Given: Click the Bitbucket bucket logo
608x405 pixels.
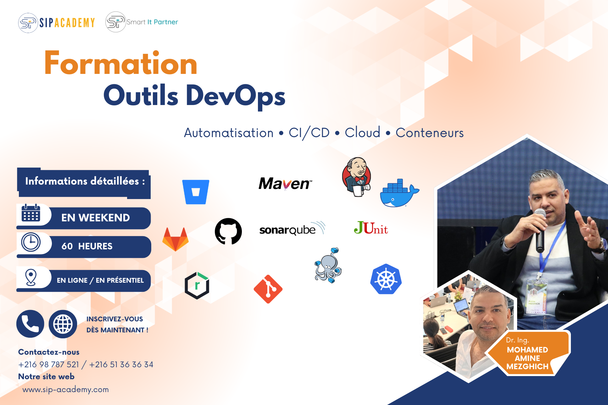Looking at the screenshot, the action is tap(196, 192).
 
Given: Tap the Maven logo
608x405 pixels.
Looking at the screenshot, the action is tap(285, 184).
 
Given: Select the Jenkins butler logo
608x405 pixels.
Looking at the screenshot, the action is tap(357, 177).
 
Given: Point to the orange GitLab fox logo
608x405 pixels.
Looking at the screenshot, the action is tap(176, 239).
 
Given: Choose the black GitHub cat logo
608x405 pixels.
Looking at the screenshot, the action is tap(228, 231).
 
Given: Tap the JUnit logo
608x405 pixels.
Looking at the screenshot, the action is tap(371, 228).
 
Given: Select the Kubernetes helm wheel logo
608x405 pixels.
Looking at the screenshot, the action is tap(386, 279).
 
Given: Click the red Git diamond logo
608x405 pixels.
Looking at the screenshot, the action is tap(268, 289).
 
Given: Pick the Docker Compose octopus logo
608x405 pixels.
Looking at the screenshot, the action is tap(328, 265).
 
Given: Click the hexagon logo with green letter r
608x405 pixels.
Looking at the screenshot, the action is tap(197, 286).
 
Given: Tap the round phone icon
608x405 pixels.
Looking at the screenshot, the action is tap(30, 324).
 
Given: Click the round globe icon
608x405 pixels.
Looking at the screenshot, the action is tap(63, 324).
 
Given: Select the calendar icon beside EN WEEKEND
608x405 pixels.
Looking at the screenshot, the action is tap(31, 213).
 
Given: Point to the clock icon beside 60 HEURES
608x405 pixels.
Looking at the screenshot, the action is tap(31, 242).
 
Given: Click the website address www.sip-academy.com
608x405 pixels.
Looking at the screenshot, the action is tap(65, 390).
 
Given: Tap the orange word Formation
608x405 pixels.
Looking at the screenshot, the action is tap(121, 63).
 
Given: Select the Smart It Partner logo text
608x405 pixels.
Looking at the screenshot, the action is tap(152, 22).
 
